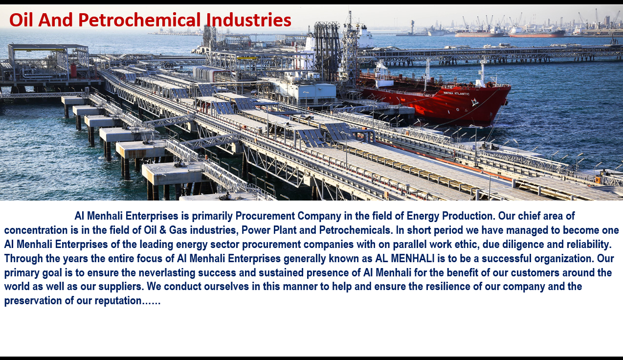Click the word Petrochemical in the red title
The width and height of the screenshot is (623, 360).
coord(139,21)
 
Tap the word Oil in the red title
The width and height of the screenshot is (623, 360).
coord(22,20)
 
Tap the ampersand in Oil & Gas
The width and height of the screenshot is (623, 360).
coord(163,230)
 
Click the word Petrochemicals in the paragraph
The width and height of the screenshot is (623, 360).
coord(356,230)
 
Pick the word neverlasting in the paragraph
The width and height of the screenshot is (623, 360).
coord(167,272)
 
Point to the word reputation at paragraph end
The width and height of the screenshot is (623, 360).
coord(118,301)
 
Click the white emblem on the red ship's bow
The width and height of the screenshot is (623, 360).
coord(474,102)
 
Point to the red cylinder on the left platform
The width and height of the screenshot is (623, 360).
coord(73,70)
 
